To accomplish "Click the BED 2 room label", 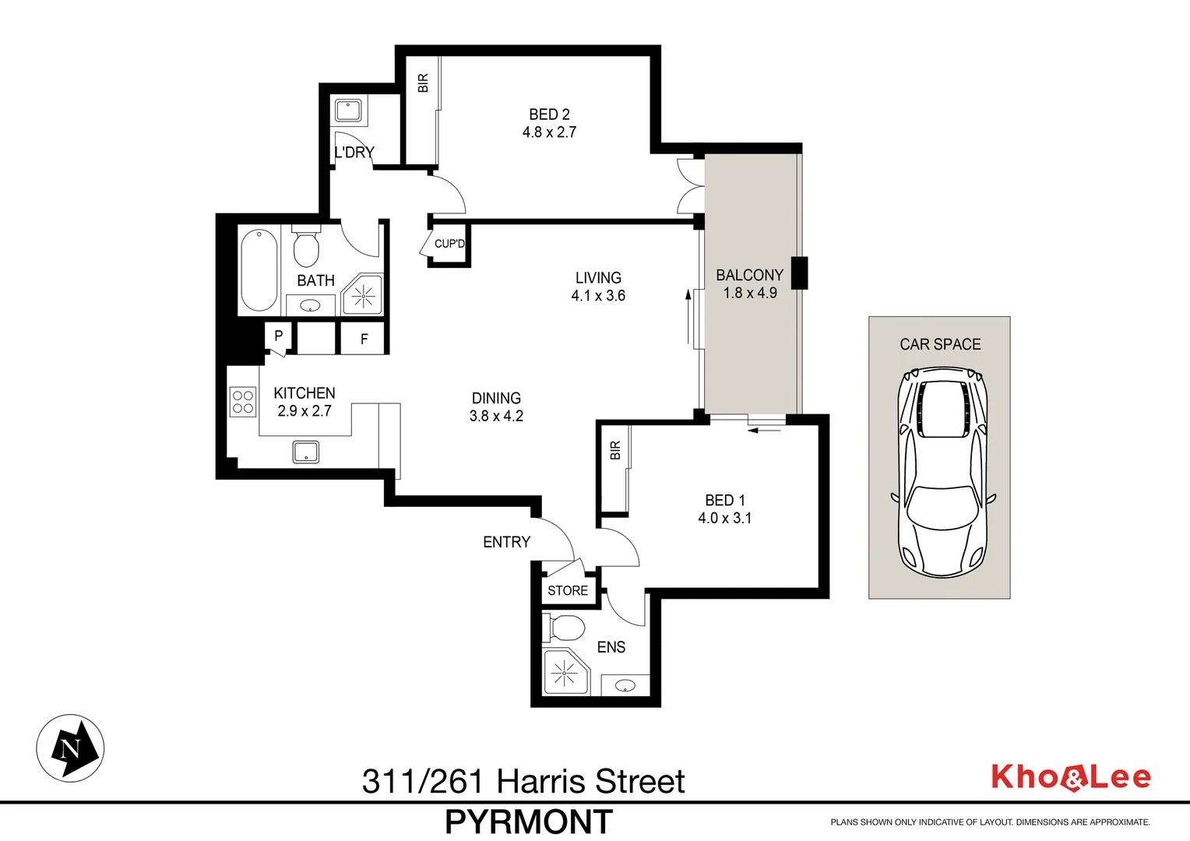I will (x=549, y=114).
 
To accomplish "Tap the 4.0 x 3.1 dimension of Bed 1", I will (x=724, y=519).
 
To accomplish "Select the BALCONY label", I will (x=749, y=275).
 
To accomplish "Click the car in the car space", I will (x=941, y=473).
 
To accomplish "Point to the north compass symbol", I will (x=70, y=748).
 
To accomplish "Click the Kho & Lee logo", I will (x=1070, y=777).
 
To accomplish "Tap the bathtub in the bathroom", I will (x=259, y=269).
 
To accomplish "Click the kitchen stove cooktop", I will (x=243, y=402).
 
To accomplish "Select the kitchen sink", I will (x=305, y=452).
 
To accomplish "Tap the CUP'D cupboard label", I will (x=449, y=244).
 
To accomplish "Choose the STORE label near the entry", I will (x=568, y=590).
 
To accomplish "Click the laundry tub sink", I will (x=347, y=111).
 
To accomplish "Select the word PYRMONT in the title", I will (x=529, y=822).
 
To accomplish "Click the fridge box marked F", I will (x=364, y=339).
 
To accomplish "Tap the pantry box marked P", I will (x=278, y=336).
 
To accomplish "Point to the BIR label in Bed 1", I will (x=615, y=450).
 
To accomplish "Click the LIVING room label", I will (x=598, y=278).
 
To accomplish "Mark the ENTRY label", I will (x=506, y=542).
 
